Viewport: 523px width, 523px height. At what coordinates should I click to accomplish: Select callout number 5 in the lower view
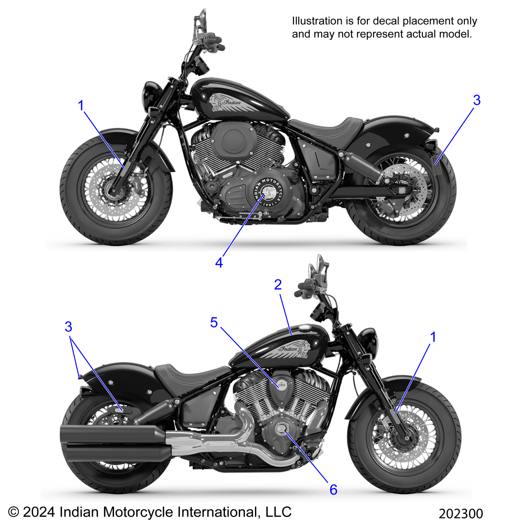click(214, 323)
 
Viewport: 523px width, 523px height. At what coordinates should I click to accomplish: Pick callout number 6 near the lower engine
click(333, 490)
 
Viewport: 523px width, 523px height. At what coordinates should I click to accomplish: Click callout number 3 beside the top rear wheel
click(477, 100)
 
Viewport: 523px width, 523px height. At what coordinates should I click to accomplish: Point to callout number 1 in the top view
click(81, 106)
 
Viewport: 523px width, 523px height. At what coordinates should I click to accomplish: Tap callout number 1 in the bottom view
click(433, 337)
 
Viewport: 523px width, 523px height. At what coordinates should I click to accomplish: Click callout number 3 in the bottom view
click(68, 327)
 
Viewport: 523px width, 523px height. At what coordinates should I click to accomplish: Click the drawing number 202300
click(461, 514)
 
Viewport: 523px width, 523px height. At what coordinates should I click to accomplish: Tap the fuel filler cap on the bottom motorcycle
click(305, 328)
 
